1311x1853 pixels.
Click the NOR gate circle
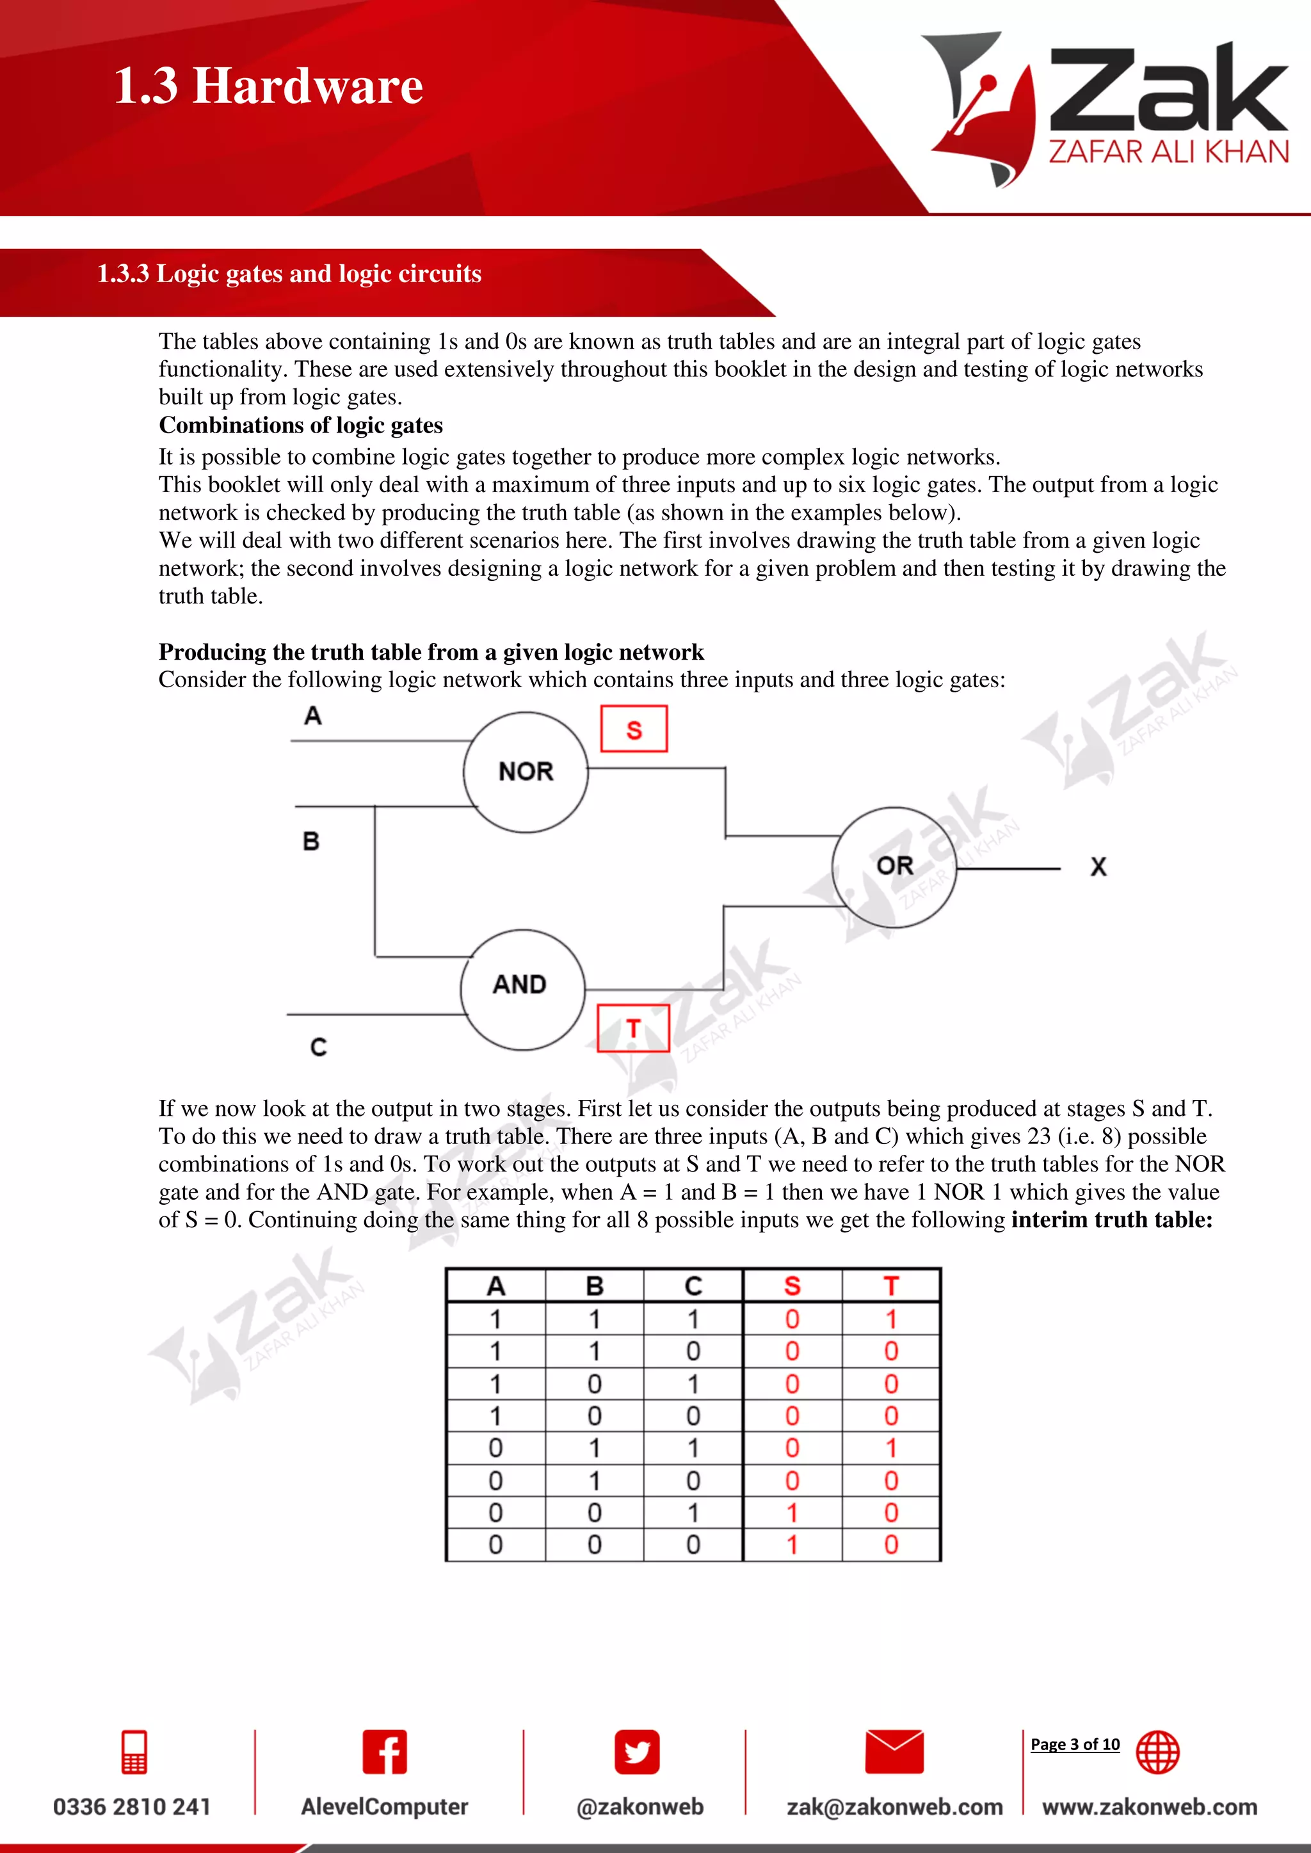pos(526,772)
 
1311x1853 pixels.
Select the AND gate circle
pos(522,989)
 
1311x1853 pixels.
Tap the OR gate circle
pos(894,867)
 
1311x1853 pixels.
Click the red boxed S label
pos(634,729)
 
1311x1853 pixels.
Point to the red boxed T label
pos(633,1028)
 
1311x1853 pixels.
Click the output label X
pos(1098,867)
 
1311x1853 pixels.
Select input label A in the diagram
pos(312,716)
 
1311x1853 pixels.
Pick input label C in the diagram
pos(318,1047)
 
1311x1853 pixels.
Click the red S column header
pos(792,1285)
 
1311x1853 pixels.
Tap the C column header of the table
pos(693,1285)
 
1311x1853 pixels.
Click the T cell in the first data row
pos(890,1319)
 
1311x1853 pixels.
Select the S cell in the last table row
pos(792,1545)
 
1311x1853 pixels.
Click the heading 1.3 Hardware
pos(268,86)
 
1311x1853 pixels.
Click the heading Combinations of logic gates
pos(300,425)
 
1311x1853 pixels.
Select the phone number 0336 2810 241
pos(132,1806)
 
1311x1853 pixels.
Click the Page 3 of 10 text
pos(1075,1744)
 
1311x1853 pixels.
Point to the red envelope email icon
pos(894,1751)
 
